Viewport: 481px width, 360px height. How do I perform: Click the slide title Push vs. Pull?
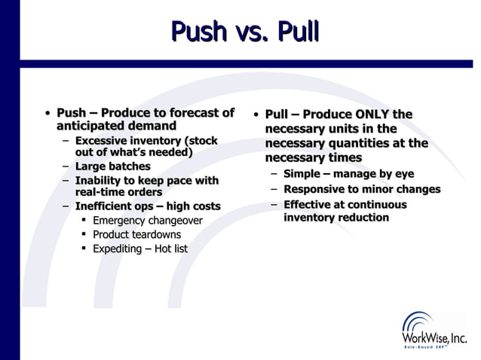[x=246, y=32]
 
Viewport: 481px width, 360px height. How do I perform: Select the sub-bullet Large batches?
[x=112, y=166]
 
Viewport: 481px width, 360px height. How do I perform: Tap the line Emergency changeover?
[x=147, y=221]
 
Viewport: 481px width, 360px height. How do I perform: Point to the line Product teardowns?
[x=137, y=234]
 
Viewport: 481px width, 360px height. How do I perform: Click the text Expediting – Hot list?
[x=139, y=249]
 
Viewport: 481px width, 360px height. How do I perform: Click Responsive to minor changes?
[x=361, y=189]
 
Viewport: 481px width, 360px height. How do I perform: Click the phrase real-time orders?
[x=118, y=192]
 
